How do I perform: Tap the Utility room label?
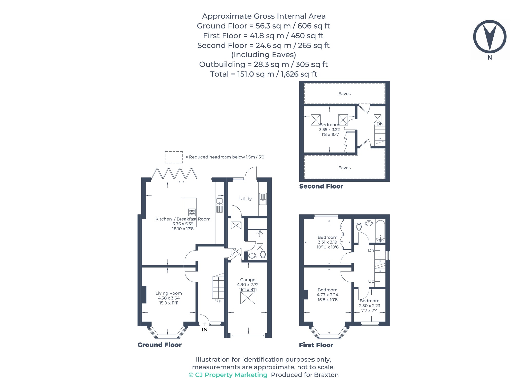245,199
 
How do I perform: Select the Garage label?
248,280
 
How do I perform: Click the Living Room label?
169,293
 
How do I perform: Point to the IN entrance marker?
204,329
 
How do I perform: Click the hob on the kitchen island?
192,212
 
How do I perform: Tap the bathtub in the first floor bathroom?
380,231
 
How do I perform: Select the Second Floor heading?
321,186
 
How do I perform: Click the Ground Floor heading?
159,345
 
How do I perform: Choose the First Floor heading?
316,345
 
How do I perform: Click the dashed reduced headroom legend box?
174,157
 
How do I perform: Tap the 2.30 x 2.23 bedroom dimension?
369,306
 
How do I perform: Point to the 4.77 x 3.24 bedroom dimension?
327,295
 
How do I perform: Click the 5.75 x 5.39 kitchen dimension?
183,224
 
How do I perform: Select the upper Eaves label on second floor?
344,94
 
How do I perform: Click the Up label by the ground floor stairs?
218,301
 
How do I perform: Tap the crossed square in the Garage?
248,298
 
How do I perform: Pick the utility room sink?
263,199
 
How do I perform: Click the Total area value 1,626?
289,74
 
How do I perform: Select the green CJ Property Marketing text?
228,375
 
